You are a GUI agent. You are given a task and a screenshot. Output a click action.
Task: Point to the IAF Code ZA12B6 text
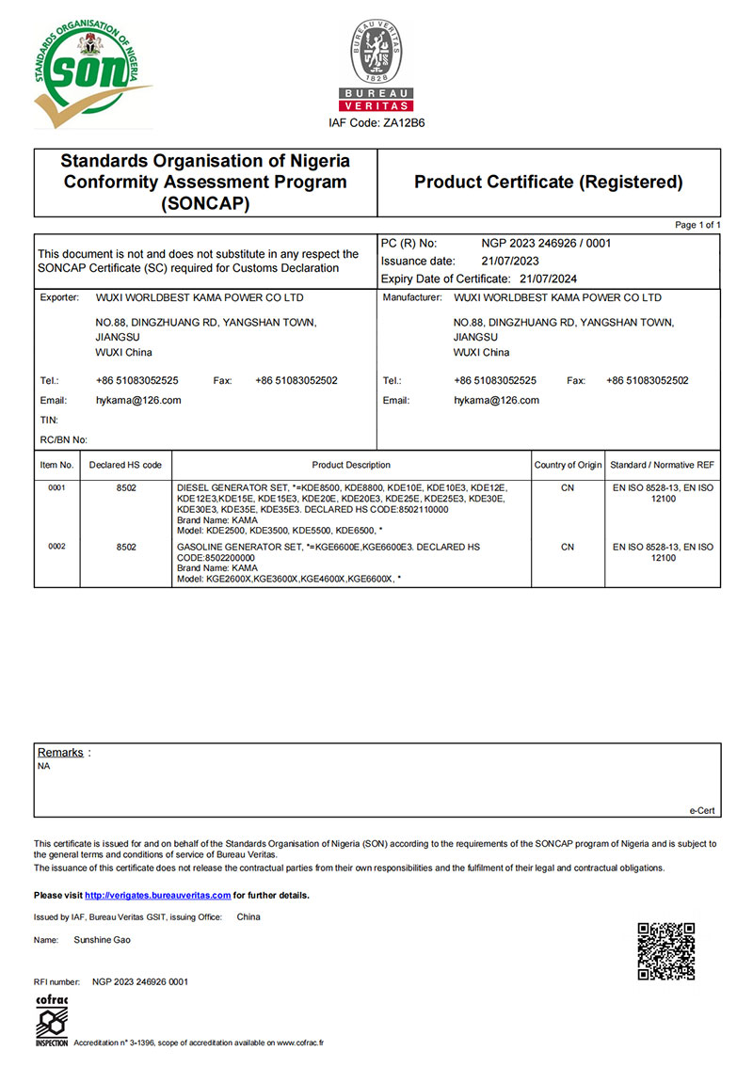coord(376,123)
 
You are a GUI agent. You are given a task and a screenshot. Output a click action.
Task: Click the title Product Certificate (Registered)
coord(549,182)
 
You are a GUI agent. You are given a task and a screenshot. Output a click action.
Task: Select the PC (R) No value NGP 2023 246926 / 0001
coord(546,243)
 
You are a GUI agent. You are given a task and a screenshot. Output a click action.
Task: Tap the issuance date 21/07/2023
coord(509,261)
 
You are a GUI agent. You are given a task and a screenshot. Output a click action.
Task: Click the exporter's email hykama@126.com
coord(138,400)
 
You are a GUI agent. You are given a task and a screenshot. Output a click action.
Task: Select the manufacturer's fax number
coord(648,380)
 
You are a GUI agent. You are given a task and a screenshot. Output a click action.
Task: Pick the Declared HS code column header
coord(125,465)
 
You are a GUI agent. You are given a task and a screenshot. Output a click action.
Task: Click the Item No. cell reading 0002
coord(56,547)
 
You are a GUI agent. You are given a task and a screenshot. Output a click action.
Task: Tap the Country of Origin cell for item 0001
coord(568,488)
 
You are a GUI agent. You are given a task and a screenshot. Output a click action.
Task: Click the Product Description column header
coord(351,465)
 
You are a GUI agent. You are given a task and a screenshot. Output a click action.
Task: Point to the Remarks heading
coord(60,752)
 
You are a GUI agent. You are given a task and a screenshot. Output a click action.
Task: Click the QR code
coord(666,952)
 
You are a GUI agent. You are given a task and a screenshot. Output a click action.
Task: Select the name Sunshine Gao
coord(102,940)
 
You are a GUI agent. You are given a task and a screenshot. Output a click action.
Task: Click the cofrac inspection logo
coord(51,1018)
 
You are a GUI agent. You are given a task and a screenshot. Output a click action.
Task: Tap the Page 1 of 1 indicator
coord(697,226)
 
